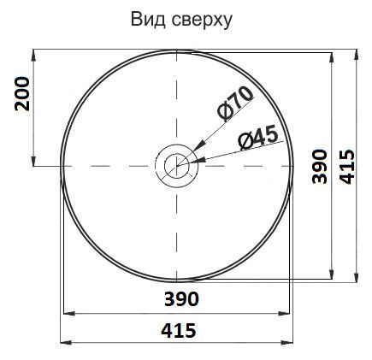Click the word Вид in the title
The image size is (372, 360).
click(x=148, y=20)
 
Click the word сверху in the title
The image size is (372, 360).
click(x=202, y=21)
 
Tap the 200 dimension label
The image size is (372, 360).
click(x=22, y=94)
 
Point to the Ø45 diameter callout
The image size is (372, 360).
click(x=258, y=138)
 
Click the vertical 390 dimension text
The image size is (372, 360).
click(x=319, y=166)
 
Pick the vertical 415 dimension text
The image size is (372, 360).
click(x=347, y=167)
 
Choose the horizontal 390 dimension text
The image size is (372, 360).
click(x=181, y=299)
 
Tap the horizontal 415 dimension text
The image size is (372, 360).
click(x=179, y=330)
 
